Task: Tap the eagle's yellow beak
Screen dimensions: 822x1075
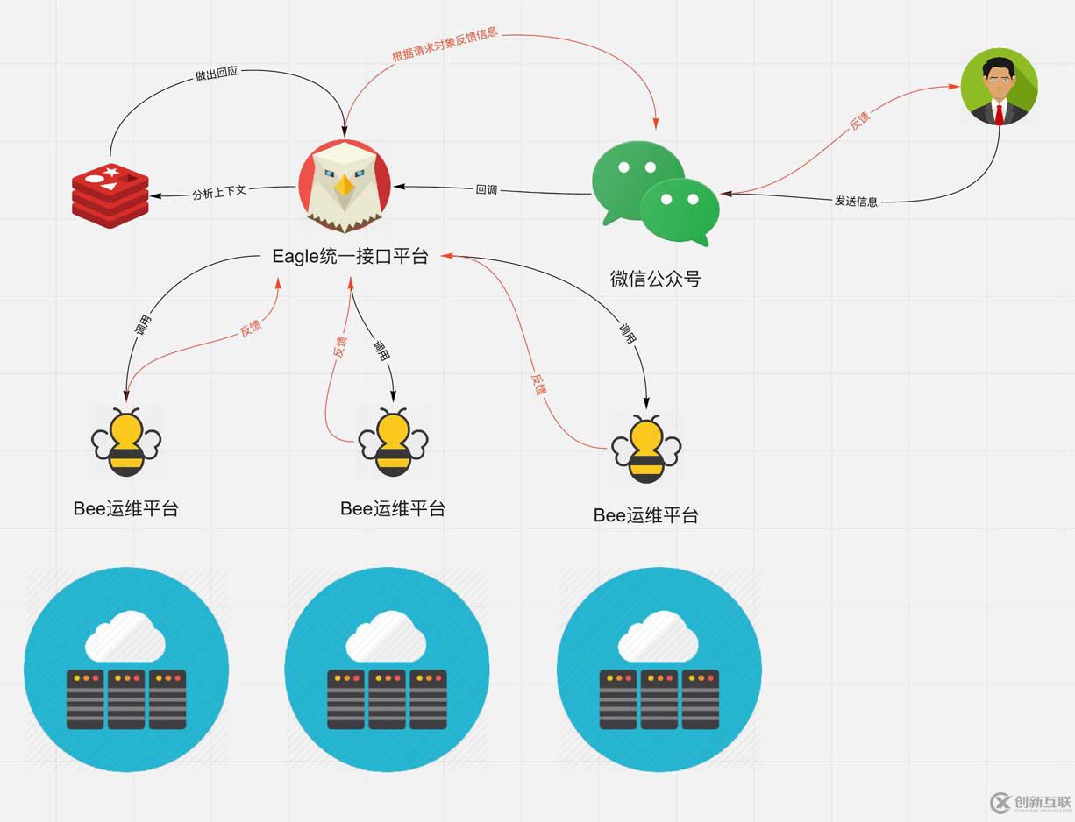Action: pyautogui.click(x=345, y=186)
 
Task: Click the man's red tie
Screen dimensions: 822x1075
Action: pyautogui.click(x=999, y=113)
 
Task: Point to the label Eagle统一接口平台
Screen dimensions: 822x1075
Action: pyautogui.click(x=350, y=257)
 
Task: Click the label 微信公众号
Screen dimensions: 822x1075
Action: pyautogui.click(x=655, y=280)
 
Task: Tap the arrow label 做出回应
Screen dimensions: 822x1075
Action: pyautogui.click(x=216, y=74)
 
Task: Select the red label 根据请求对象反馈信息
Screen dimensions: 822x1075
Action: pyautogui.click(x=445, y=45)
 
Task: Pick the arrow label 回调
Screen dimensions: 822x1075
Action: pyautogui.click(x=486, y=189)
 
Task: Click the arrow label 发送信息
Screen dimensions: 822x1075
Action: pyautogui.click(x=855, y=202)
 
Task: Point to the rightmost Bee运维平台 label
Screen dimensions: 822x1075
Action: pyautogui.click(x=646, y=515)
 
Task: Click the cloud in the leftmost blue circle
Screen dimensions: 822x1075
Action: pyautogui.click(x=125, y=637)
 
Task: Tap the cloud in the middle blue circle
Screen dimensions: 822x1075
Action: pyautogui.click(x=386, y=637)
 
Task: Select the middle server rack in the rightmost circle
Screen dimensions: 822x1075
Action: pyautogui.click(x=659, y=699)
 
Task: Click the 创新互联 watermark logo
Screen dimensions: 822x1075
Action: pyautogui.click(x=1030, y=801)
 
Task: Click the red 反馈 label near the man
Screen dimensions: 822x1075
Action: pyautogui.click(x=859, y=121)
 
